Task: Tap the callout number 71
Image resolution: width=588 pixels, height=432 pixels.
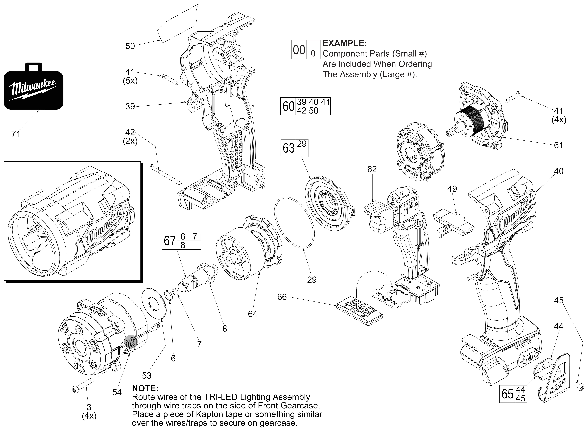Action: [x=16, y=134]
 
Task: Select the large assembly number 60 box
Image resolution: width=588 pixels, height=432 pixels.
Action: [x=288, y=106]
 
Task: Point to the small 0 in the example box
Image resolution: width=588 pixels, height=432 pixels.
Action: [x=313, y=54]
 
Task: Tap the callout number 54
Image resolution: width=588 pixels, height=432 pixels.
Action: [x=117, y=392]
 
